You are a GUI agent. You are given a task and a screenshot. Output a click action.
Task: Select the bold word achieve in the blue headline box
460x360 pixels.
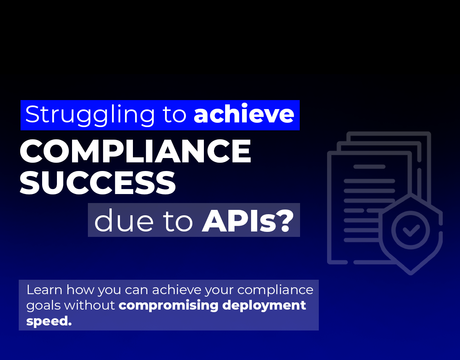pos(244,114)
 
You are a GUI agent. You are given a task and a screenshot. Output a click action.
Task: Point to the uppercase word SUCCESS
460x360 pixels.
pos(98,183)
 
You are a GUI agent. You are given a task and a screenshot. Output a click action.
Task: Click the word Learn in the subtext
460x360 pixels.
pos(44,290)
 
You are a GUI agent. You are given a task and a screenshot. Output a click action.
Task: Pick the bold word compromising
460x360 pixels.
pos(168,306)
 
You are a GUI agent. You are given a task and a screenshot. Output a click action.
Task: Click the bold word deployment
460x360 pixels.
pos(264,306)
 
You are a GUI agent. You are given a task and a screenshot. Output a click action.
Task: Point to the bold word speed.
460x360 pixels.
pos(49,321)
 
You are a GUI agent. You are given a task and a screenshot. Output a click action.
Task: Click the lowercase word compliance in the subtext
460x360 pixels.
pos(275,290)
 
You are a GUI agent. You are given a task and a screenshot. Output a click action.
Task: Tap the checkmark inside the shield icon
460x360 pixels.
pos(411,230)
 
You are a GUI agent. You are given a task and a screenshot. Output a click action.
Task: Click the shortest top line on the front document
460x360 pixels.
pos(369,167)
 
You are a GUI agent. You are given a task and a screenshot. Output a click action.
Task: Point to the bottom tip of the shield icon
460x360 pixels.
pos(411,273)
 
